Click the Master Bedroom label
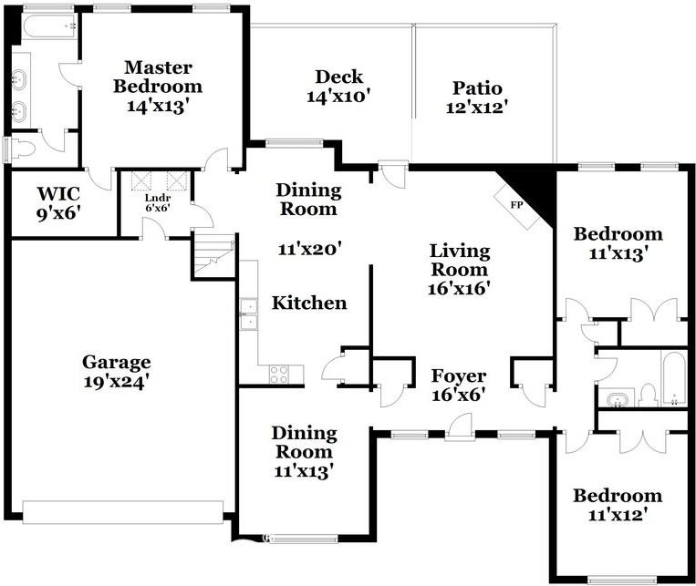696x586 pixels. (x=158, y=77)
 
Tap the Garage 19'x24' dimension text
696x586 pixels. (x=116, y=382)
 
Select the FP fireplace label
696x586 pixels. (x=516, y=205)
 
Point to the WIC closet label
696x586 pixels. (x=58, y=194)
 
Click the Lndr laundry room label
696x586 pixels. (x=158, y=198)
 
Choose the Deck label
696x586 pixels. (x=339, y=77)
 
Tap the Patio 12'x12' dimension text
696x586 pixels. (x=477, y=108)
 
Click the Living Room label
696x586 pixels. (x=460, y=260)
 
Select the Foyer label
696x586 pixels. (x=459, y=375)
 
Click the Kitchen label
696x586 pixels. (x=309, y=303)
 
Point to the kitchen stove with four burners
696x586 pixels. (x=279, y=374)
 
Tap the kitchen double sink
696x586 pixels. (x=248, y=314)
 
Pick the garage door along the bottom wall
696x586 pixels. (x=122, y=512)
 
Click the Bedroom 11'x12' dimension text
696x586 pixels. (x=617, y=515)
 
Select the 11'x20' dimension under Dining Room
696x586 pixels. (x=309, y=249)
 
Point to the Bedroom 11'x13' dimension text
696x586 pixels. (x=618, y=253)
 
